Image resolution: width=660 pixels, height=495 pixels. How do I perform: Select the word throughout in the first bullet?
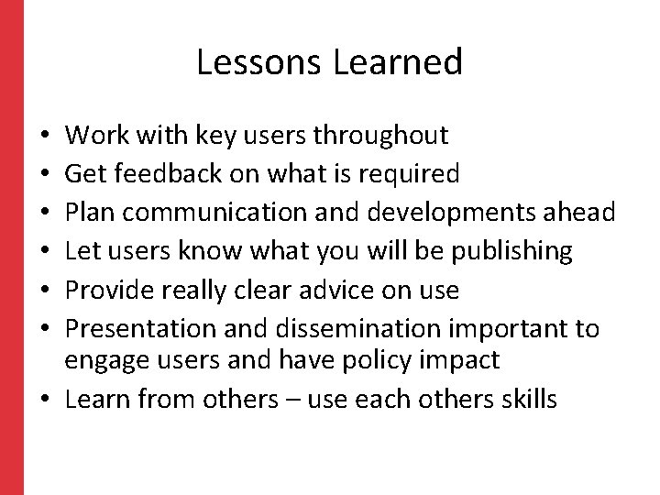tap(381, 137)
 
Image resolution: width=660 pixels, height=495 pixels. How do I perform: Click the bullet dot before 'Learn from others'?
tap(47, 400)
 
